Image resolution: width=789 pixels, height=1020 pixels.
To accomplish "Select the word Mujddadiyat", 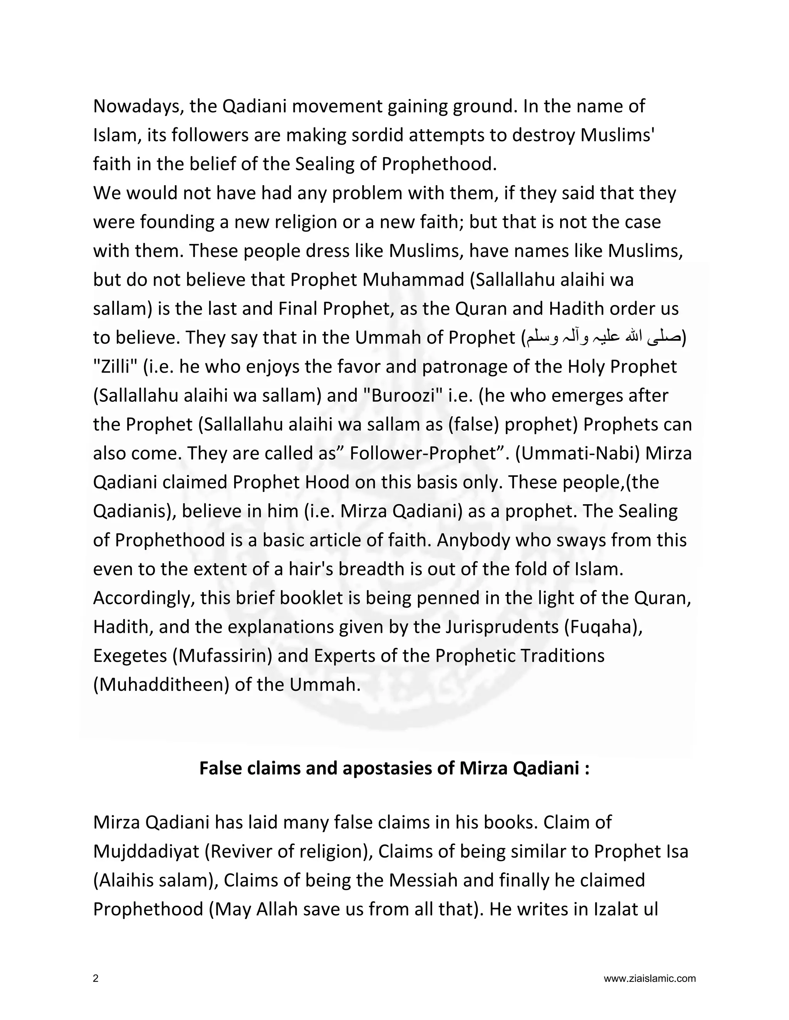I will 146,852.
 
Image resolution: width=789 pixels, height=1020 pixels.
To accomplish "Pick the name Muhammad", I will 416,280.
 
